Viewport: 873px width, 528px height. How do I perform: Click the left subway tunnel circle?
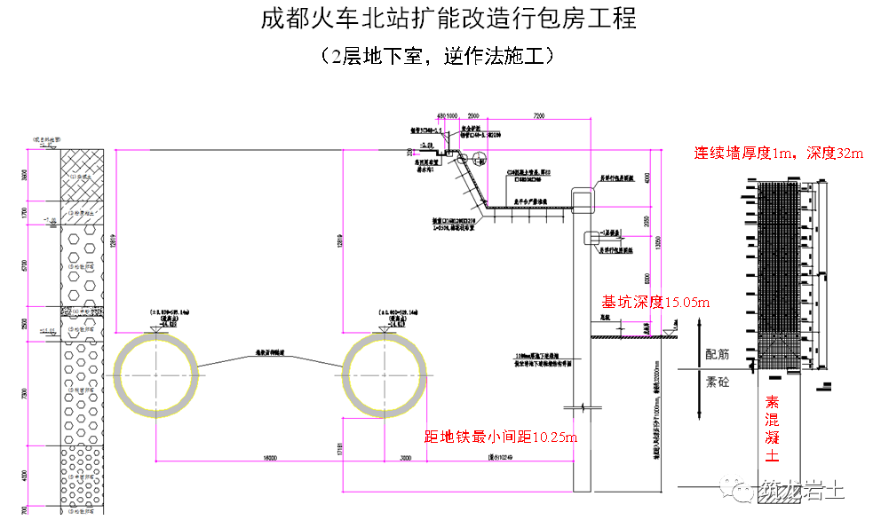pos(156,374)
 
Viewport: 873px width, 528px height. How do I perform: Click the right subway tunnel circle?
pos(385,374)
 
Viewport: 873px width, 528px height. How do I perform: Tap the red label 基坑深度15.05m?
pos(656,302)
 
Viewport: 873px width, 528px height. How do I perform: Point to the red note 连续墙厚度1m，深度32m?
pos(778,153)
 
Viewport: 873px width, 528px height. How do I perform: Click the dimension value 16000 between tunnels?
pos(270,458)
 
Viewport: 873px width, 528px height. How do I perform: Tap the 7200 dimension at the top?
pos(539,116)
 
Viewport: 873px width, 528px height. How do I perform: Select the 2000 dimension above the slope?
pos(472,116)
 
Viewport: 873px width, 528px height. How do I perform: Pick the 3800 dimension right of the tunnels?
pos(406,458)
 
